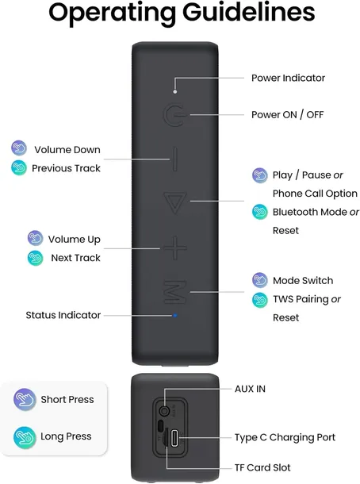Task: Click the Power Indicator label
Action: click(288, 78)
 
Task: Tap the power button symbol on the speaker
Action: click(174, 116)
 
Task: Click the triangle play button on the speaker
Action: click(174, 203)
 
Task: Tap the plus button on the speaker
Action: click(174, 248)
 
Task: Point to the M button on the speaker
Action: click(174, 290)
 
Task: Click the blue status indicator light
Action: click(174, 316)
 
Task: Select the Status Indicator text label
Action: click(63, 315)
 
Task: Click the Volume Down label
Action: click(67, 149)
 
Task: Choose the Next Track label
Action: click(75, 258)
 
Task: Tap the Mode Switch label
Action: click(303, 280)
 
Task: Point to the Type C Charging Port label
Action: click(285, 437)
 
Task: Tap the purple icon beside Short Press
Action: click(25, 399)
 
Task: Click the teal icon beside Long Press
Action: click(25, 436)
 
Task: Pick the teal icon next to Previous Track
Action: click(18, 167)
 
